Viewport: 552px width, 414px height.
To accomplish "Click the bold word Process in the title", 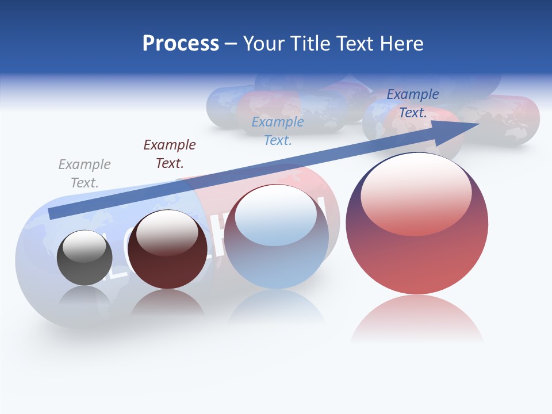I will click(181, 44).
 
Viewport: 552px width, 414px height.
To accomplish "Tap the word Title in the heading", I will click(309, 44).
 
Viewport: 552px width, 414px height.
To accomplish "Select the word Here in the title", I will click(401, 44).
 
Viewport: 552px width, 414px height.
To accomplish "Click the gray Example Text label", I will click(85, 174).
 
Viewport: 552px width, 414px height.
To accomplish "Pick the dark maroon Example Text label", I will click(170, 154).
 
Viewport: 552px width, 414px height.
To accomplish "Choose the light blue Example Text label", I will click(278, 131).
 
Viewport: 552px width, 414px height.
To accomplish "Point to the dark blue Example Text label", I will click(413, 103).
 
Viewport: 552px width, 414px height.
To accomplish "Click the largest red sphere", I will click(417, 253).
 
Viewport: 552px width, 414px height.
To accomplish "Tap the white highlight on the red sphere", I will click(416, 193).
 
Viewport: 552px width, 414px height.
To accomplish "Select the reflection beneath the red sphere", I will click(417, 319).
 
